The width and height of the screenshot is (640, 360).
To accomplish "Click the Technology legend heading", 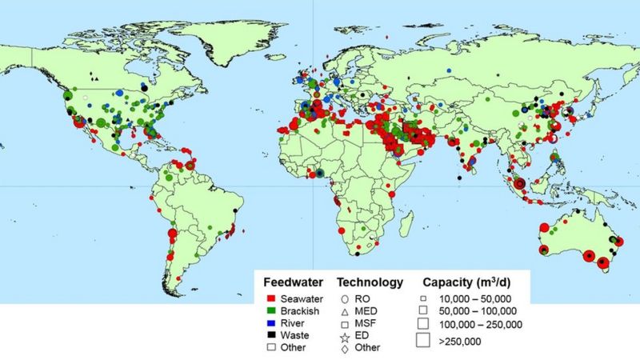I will pyautogui.click(x=369, y=282).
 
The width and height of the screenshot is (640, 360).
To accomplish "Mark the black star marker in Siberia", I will pyautogui.click(x=497, y=74).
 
